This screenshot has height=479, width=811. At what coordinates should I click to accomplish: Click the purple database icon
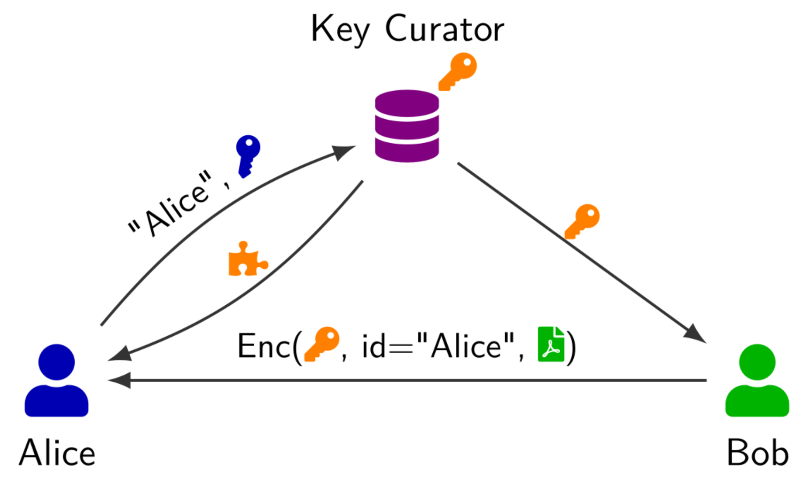tap(407, 126)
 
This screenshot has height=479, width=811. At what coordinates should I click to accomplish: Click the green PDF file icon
tap(551, 344)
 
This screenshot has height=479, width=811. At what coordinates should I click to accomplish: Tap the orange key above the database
tap(458, 71)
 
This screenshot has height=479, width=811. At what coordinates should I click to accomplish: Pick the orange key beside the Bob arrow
tap(582, 221)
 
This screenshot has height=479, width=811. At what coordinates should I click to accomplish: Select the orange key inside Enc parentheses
tap(322, 344)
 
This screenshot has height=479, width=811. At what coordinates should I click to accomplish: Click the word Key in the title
tap(340, 29)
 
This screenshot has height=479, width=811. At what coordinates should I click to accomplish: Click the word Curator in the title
tap(444, 29)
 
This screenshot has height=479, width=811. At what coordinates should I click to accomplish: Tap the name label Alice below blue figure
tap(57, 453)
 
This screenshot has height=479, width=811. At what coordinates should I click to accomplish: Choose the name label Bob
tap(757, 453)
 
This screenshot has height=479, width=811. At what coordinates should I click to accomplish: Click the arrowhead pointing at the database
tap(344, 152)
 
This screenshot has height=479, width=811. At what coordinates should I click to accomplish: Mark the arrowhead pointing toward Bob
tap(695, 333)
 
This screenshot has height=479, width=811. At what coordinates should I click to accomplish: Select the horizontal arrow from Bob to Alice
tap(409, 380)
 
